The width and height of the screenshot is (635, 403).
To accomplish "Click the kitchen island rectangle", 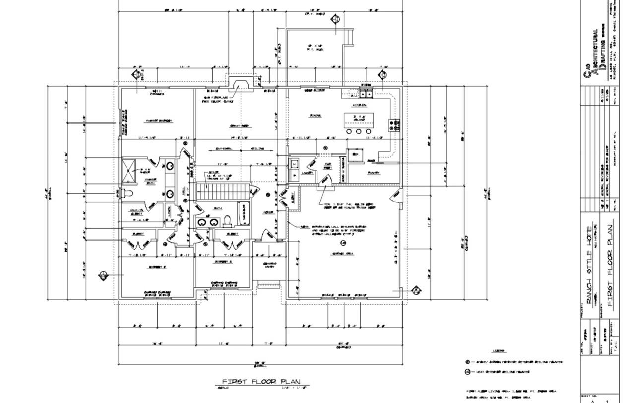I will pos(359,119).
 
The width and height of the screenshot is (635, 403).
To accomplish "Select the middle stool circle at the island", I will pos(359,131).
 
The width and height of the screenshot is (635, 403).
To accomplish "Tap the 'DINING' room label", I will pos(316,116).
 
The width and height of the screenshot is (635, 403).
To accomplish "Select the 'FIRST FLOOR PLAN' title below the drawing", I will pos(261,381).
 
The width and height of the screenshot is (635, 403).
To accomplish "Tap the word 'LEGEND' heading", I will pos(499,351).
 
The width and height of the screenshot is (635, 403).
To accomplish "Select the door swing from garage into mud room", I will pos(325,182).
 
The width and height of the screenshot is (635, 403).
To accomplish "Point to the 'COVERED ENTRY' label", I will pos(269,265).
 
